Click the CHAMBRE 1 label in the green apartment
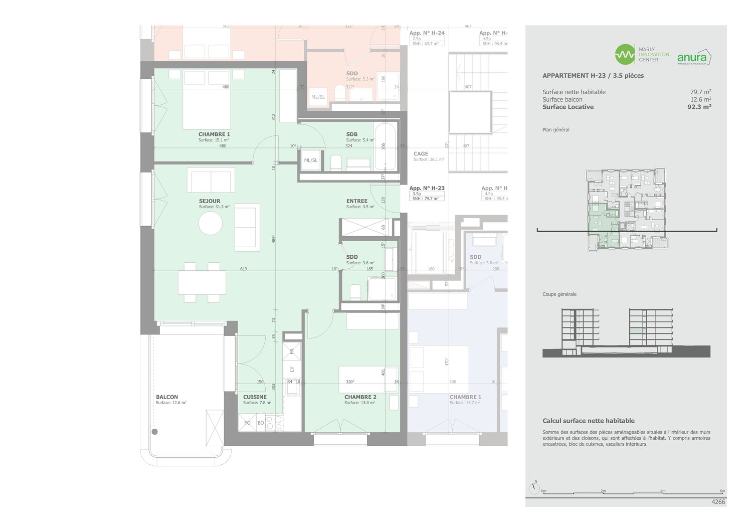click(x=214, y=134)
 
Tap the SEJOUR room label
click(x=210, y=201)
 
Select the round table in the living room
click(x=211, y=223)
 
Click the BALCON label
click(x=167, y=397)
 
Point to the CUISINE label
click(x=255, y=397)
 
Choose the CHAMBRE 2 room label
click(x=360, y=397)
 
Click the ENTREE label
click(x=357, y=201)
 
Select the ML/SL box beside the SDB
click(x=311, y=160)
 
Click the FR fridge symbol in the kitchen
click(x=292, y=351)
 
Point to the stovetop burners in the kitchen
click(x=274, y=423)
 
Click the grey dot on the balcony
click(x=155, y=432)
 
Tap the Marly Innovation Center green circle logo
click(x=625, y=55)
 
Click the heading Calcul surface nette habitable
click(x=588, y=421)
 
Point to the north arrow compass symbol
click(x=534, y=487)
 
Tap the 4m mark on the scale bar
click(x=663, y=491)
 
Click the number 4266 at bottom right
click(x=718, y=502)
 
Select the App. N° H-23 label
click(x=427, y=189)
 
